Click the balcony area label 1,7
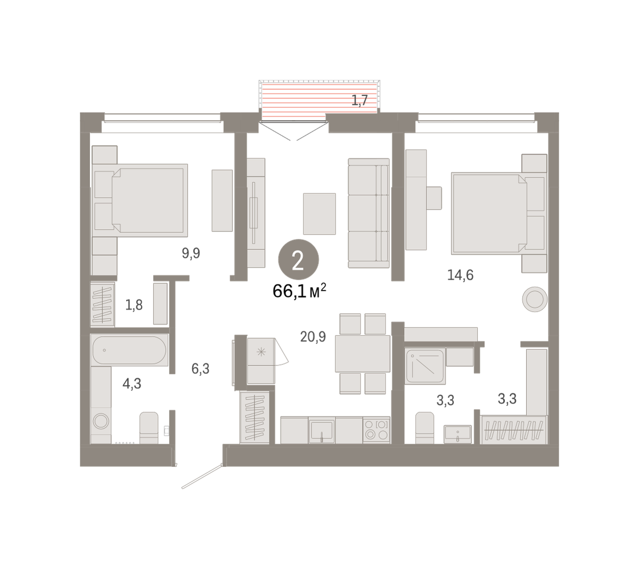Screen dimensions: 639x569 (x=359, y=100)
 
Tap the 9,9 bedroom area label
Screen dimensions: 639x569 (x=191, y=253)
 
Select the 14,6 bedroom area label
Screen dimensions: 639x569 (x=460, y=275)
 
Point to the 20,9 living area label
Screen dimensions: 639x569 (x=313, y=337)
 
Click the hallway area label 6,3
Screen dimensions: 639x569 (x=200, y=368)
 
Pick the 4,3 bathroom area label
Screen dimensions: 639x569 (x=132, y=384)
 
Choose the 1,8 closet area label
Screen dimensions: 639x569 (x=134, y=305)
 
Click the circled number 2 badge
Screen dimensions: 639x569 (x=298, y=259)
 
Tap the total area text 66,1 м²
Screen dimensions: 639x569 (x=299, y=291)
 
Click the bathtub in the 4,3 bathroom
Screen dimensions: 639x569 (x=129, y=350)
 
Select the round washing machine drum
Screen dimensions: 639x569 (x=101, y=421)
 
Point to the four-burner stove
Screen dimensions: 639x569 (x=376, y=430)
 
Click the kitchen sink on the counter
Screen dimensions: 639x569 (x=322, y=430)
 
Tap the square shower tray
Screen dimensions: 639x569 (x=425, y=366)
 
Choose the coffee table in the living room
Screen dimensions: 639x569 (x=319, y=214)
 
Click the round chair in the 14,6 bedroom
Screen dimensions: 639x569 (x=535, y=299)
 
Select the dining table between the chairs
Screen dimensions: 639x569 (x=363, y=353)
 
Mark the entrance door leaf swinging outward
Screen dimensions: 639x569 (x=202, y=476)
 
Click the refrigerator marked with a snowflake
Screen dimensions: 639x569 (x=261, y=352)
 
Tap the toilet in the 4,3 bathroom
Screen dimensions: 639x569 (x=149, y=428)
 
